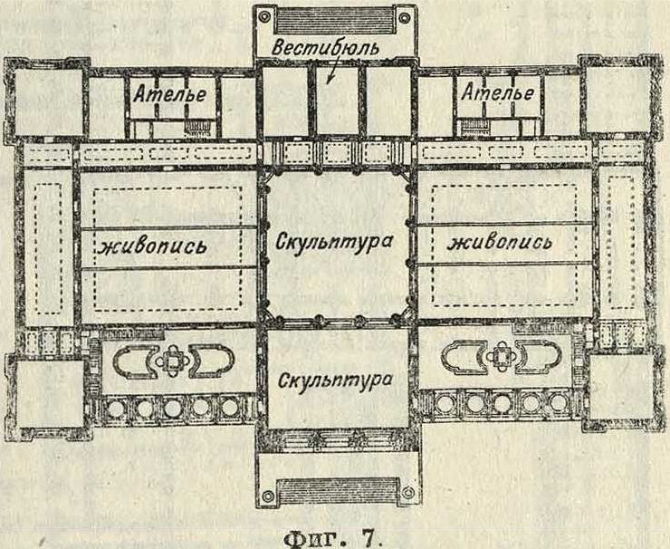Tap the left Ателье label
[x=170, y=92]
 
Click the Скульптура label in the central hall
[x=334, y=243]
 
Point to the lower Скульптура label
[x=334, y=377]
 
